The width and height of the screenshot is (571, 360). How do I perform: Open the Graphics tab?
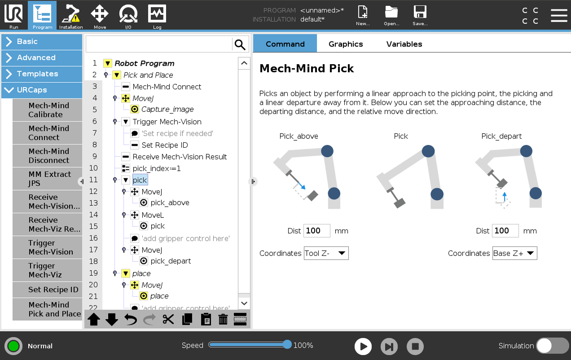[345, 44]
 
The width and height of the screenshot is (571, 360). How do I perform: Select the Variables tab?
[404, 44]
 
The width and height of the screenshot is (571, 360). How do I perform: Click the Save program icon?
[420, 15]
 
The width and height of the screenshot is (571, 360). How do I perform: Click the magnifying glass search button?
[240, 44]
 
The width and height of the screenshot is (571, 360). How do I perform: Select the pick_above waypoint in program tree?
[170, 203]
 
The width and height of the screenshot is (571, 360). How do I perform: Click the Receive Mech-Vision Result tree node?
[180, 157]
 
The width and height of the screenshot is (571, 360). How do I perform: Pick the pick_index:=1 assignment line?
[156, 168]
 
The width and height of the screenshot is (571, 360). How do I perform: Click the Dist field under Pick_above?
[316, 231]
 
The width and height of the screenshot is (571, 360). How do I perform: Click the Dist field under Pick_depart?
[505, 231]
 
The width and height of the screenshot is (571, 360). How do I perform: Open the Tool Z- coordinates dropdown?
[326, 253]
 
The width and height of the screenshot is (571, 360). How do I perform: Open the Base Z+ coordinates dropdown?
[515, 253]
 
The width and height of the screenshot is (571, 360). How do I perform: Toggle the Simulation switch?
[552, 346]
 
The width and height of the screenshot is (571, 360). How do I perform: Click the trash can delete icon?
[223, 319]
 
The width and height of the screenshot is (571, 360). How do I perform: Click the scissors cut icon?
[168, 319]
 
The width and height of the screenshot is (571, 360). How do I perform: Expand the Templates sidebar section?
[42, 74]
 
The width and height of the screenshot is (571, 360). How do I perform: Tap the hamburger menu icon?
[559, 16]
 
